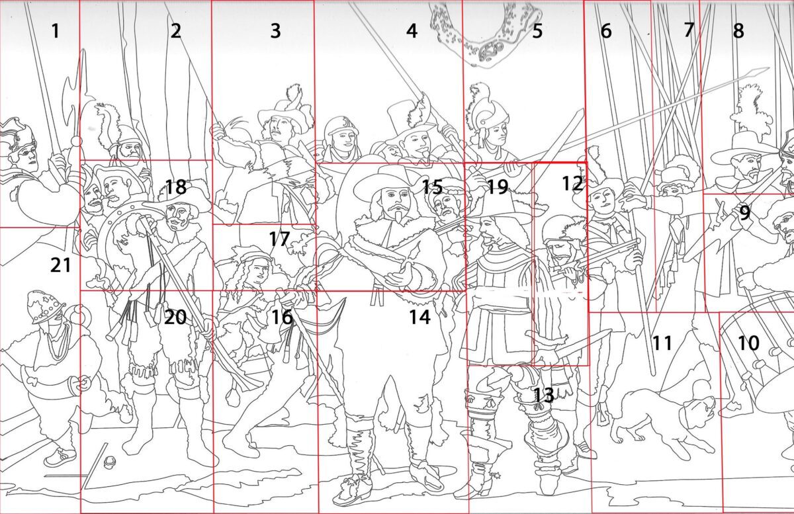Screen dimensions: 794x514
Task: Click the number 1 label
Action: [56, 30]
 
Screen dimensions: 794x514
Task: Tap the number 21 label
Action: [61, 265]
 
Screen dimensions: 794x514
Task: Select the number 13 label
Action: [543, 395]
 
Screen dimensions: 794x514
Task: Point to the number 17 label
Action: [279, 239]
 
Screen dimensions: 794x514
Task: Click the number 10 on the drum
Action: [748, 343]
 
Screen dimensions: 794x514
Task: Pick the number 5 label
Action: [537, 31]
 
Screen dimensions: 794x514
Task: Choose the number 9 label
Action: [745, 213]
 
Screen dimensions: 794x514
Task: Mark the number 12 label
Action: [572, 183]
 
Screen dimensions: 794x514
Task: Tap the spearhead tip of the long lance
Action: [768, 68]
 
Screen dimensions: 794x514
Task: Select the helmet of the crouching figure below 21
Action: [46, 307]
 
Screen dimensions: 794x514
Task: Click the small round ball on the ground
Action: [109, 461]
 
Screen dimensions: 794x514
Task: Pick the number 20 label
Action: [175, 318]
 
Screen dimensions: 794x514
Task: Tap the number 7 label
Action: [689, 30]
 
